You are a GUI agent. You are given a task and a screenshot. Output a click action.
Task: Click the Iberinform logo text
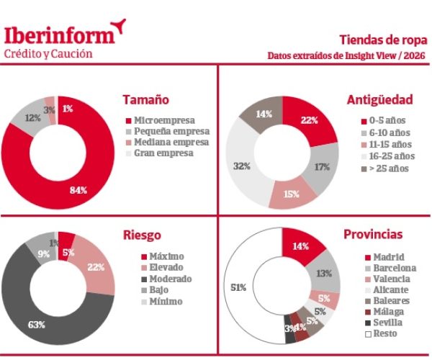59,34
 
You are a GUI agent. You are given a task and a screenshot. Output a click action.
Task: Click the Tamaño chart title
147,99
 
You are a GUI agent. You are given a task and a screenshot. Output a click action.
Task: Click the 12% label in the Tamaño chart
32,117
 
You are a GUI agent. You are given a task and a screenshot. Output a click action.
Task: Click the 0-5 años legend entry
385,122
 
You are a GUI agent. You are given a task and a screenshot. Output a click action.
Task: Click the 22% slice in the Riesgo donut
94,267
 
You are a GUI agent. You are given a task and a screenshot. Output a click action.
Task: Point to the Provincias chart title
393,235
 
